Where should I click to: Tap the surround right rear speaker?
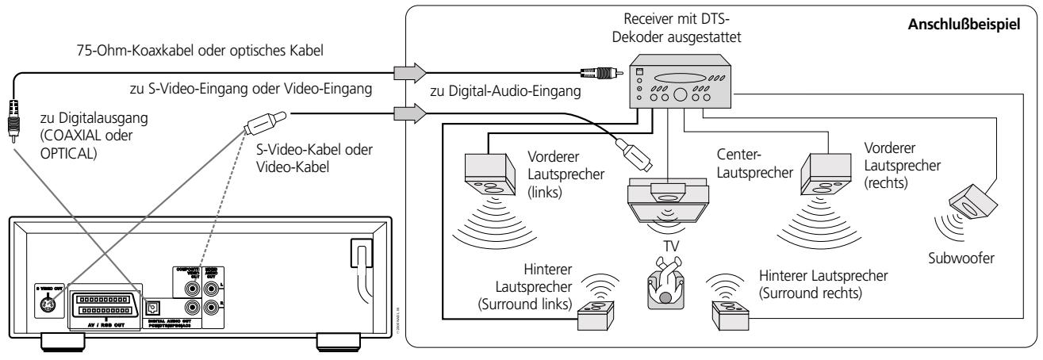tap(729, 314)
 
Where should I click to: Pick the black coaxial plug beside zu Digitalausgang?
tap(14, 115)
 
